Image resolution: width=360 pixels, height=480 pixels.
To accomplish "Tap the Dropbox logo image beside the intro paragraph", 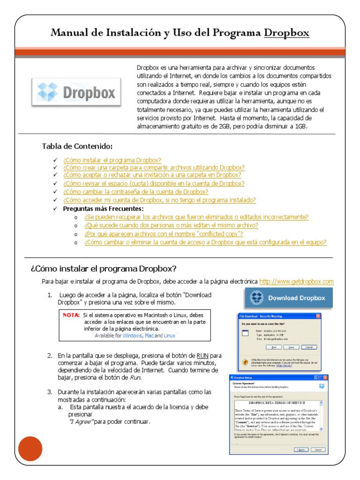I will [76, 91].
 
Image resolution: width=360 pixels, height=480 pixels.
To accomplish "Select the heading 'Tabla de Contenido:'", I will [77, 146].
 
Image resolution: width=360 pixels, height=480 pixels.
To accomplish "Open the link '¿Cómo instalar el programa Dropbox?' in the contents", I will [112, 159].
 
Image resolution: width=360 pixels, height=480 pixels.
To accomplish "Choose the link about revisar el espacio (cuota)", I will [154, 184].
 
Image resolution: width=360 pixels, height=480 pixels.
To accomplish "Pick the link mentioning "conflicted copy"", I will [164, 233].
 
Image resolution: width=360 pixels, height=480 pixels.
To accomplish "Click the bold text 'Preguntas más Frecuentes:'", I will [104, 208].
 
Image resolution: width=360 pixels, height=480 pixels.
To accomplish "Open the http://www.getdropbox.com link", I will [296, 281].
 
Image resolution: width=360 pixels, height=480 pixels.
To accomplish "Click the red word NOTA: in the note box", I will [71, 315].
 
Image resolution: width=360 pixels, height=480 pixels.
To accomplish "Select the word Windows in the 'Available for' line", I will [132, 336].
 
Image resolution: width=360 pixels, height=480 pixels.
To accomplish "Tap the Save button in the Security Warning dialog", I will [291, 347].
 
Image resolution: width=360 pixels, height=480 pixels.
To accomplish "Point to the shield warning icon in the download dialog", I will [245, 362].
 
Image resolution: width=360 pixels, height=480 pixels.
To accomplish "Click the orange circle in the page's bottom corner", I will [30, 449].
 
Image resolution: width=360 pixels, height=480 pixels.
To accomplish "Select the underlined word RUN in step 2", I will [202, 355].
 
